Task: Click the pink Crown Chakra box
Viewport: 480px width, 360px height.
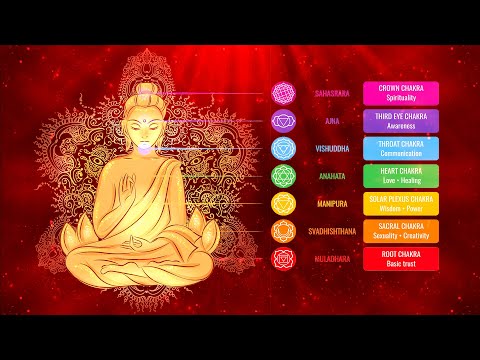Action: pyautogui.click(x=401, y=93)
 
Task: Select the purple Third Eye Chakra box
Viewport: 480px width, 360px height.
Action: pyautogui.click(x=401, y=121)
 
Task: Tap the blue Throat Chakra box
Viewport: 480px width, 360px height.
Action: pyautogui.click(x=401, y=148)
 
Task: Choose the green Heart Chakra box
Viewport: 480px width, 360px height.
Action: pyautogui.click(x=401, y=176)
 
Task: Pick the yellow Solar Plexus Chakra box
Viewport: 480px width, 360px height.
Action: pyautogui.click(x=401, y=204)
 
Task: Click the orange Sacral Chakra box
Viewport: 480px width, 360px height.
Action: pyautogui.click(x=401, y=231)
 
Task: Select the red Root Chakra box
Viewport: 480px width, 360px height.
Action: pyautogui.click(x=401, y=259)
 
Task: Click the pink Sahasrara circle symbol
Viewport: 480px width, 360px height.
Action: pyautogui.click(x=284, y=93)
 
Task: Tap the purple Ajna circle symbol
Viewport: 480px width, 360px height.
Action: pyautogui.click(x=284, y=121)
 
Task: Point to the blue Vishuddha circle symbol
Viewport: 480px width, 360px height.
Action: pyautogui.click(x=284, y=148)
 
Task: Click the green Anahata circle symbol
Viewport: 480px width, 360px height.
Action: pyautogui.click(x=284, y=176)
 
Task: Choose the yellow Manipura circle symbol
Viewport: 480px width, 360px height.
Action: pyautogui.click(x=284, y=204)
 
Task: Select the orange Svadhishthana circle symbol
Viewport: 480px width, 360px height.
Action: pyautogui.click(x=284, y=231)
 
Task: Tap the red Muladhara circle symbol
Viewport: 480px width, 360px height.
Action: pyautogui.click(x=284, y=259)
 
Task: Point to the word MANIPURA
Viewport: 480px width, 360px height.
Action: pyautogui.click(x=332, y=204)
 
